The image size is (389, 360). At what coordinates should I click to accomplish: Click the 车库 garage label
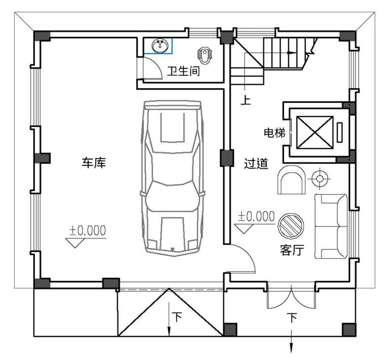pyautogui.click(x=94, y=163)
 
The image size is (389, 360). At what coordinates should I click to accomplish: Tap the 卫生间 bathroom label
pyautogui.click(x=183, y=71)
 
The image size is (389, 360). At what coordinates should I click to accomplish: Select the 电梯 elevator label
pyautogui.click(x=275, y=133)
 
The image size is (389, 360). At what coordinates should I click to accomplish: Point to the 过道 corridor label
pyautogui.click(x=256, y=164)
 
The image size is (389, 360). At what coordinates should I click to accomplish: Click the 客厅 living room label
pyautogui.click(x=292, y=250)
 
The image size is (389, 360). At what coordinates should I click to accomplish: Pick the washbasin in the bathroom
pyautogui.click(x=160, y=46)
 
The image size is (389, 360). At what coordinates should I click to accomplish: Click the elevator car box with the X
pyautogui.click(x=315, y=132)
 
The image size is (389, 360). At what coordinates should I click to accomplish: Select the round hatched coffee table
pyautogui.click(x=291, y=226)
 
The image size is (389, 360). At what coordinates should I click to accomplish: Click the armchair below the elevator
pyautogui.click(x=291, y=180)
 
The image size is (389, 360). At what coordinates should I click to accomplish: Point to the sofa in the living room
pyautogui.click(x=331, y=227)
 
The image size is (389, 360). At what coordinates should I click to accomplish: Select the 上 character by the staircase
pyautogui.click(x=246, y=100)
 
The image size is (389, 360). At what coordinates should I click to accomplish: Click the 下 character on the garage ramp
pyautogui.click(x=177, y=317)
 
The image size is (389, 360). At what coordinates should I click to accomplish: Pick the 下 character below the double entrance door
pyautogui.click(x=292, y=318)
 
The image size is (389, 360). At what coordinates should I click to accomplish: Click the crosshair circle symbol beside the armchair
pyautogui.click(x=319, y=178)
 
